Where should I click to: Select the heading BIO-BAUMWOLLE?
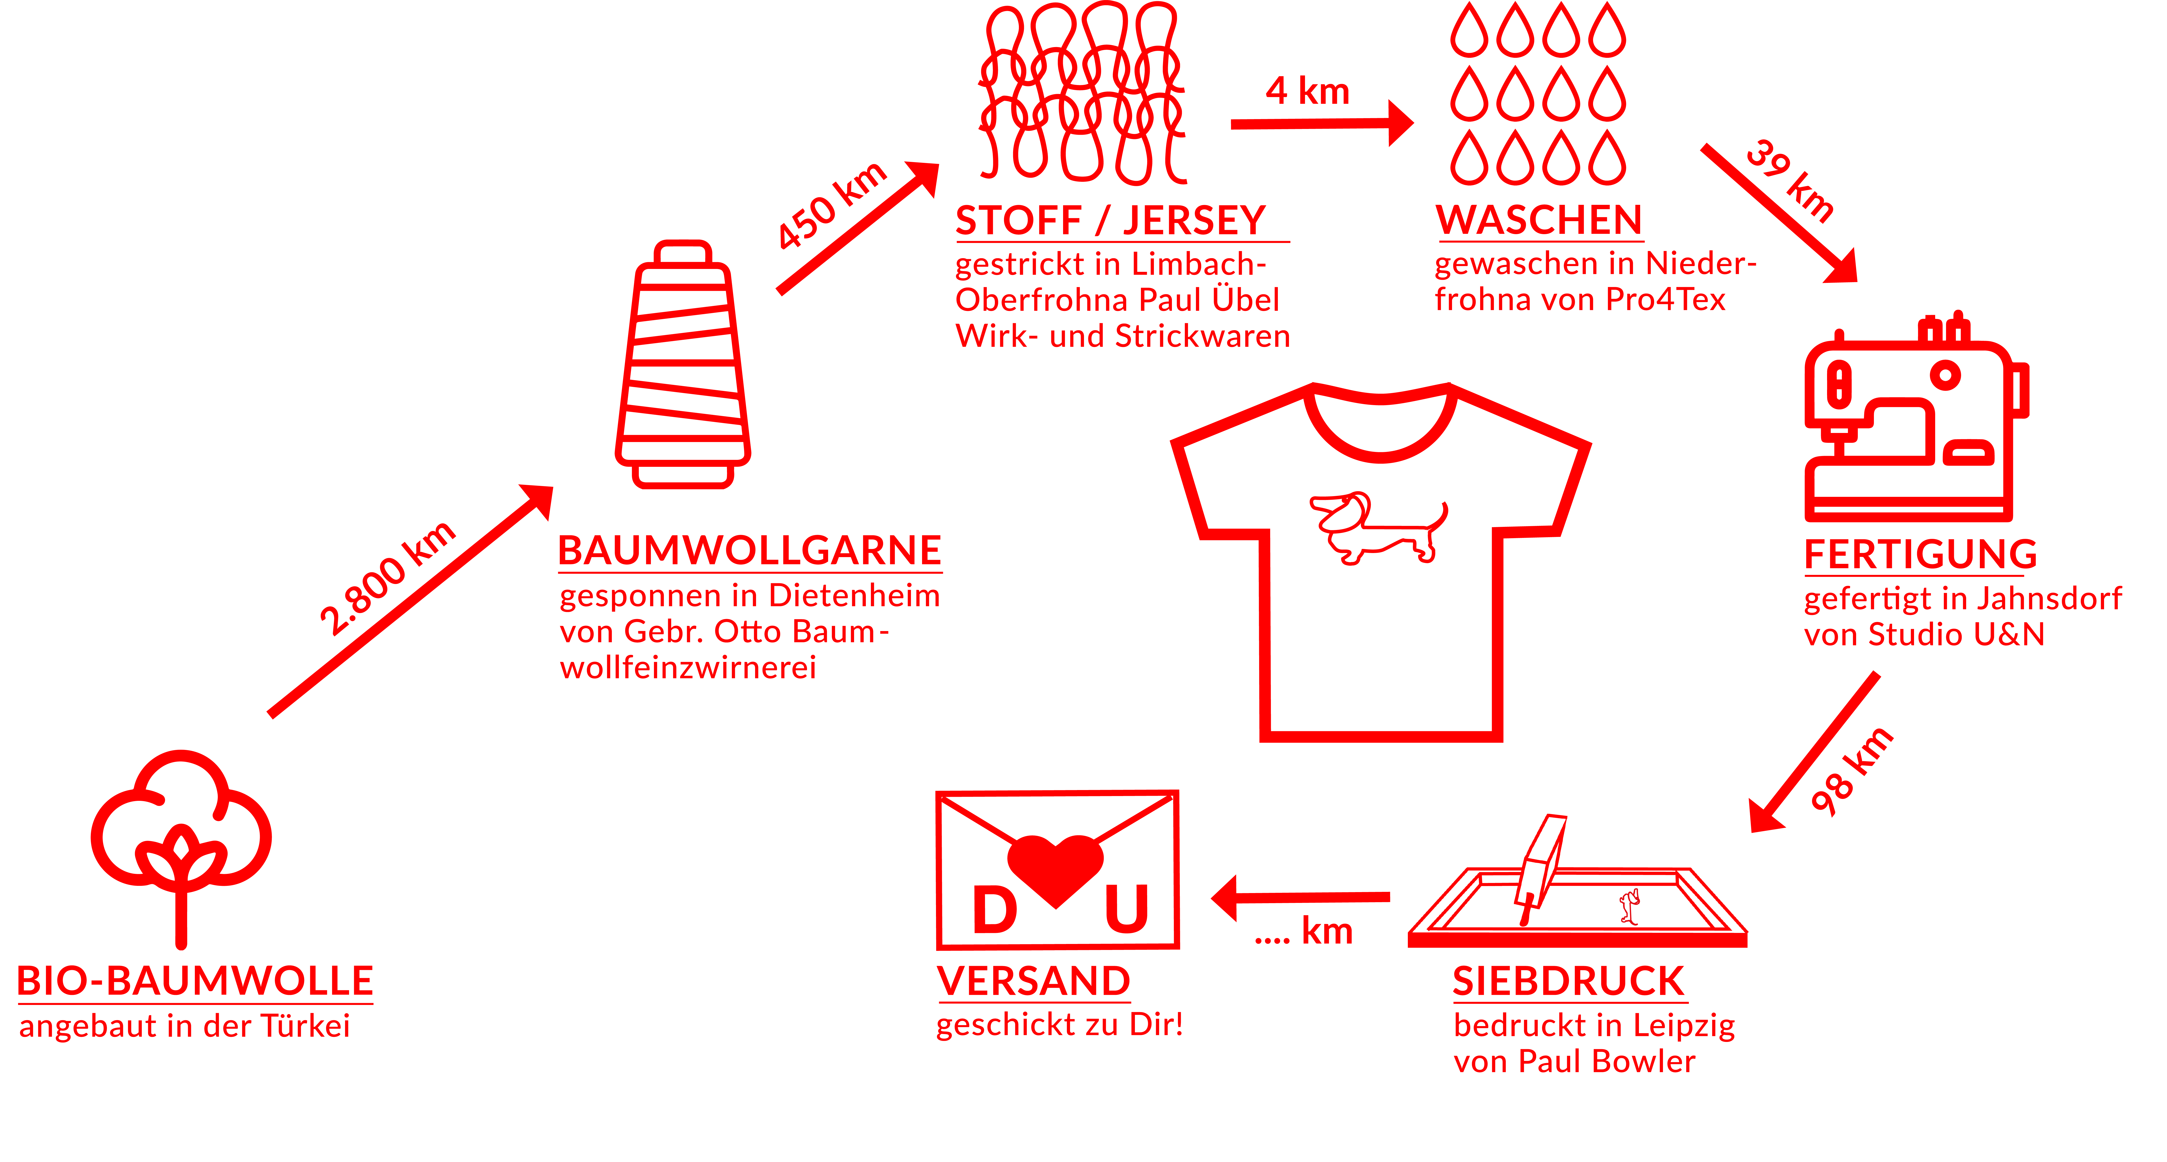coord(195,981)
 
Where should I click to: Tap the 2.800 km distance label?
coord(387,578)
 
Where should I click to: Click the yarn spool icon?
coord(683,364)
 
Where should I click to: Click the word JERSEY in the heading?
coord(1194,220)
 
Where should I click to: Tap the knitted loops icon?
coord(1083,92)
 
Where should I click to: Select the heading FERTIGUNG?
coord(1921,554)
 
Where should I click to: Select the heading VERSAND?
coord(1034,981)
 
